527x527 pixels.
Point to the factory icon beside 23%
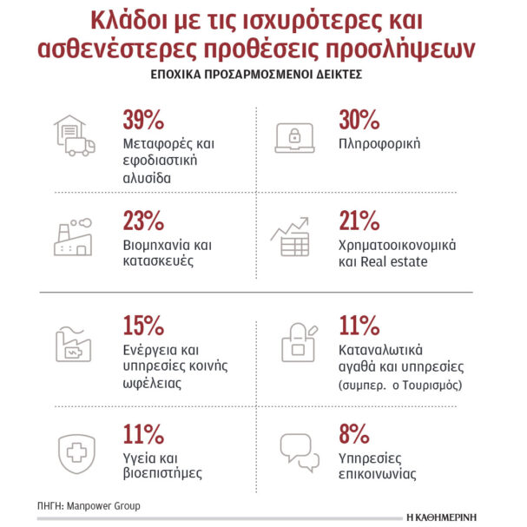75,236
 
